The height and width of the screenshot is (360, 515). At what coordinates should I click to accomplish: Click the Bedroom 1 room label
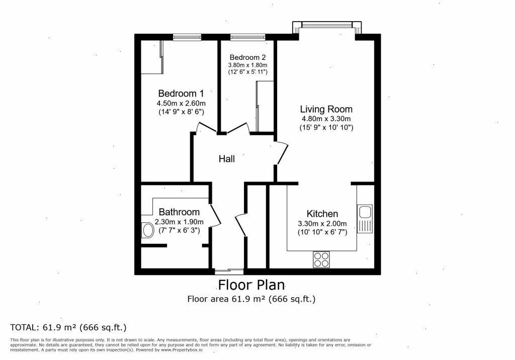point(181,94)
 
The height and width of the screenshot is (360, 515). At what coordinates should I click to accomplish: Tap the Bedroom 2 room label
point(247,57)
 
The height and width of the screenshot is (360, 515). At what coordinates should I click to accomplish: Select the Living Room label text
point(326,109)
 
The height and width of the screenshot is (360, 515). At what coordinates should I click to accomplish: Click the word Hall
point(226,159)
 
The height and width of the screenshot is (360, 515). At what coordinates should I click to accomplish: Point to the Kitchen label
point(322,214)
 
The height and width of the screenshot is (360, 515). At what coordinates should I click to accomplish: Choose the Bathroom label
point(179,212)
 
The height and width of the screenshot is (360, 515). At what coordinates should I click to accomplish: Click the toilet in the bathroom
point(147,230)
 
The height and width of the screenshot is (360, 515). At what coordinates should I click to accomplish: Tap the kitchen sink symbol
point(364,219)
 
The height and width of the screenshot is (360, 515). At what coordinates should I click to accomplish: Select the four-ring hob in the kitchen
point(321,259)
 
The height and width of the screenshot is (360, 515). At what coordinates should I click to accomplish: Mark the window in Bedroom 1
point(187,37)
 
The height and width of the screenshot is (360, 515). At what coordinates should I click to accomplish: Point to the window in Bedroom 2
point(247,37)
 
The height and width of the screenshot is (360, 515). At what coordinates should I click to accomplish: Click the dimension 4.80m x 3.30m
point(326,119)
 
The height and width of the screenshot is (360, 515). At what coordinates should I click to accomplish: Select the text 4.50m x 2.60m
point(181,104)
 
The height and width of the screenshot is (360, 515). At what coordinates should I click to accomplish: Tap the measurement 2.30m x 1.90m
point(179,222)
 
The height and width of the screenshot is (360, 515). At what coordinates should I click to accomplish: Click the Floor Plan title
point(251,285)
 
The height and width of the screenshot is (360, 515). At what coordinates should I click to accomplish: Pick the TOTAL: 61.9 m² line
point(68,327)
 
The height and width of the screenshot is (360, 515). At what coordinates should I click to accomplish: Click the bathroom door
point(215,215)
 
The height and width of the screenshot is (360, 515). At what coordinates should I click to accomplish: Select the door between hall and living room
point(282,154)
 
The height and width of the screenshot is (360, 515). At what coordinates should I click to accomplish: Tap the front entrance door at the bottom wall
point(228,271)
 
